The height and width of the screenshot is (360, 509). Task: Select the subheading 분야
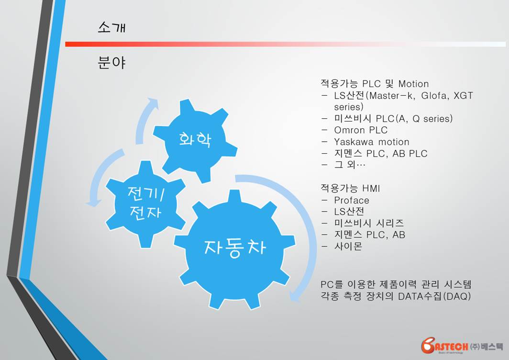pyautogui.click(x=111, y=62)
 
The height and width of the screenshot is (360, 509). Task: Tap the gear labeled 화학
pyautogui.click(x=195, y=140)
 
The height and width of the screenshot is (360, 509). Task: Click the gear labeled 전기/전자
pyautogui.click(x=145, y=204)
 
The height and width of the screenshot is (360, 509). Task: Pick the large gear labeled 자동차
pyautogui.click(x=235, y=248)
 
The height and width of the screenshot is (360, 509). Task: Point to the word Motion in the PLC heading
pyautogui.click(x=413, y=84)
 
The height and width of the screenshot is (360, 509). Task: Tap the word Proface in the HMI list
pyautogui.click(x=352, y=200)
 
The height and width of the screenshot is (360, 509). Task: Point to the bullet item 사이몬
pyautogui.click(x=348, y=246)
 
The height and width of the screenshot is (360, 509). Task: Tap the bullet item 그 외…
pyautogui.click(x=350, y=164)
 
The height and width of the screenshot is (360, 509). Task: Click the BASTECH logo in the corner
pyautogui.click(x=444, y=346)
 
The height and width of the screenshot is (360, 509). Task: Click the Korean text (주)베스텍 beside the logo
pyautogui.click(x=486, y=347)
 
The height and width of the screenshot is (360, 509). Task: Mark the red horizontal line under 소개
pyautogui.click(x=285, y=44)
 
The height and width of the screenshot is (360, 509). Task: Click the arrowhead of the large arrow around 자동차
pyautogui.click(x=294, y=296)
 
